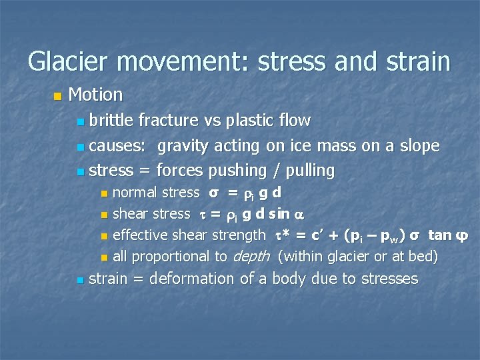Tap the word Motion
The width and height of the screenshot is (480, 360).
coord(95,95)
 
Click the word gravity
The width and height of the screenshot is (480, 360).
coord(182,146)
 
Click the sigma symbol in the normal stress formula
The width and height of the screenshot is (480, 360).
coord(213,193)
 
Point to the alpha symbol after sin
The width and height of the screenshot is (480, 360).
coord(299,215)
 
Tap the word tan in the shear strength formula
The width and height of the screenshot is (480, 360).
coord(439,235)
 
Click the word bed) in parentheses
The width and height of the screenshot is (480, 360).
coord(421,256)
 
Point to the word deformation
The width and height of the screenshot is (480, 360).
coord(192,279)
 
